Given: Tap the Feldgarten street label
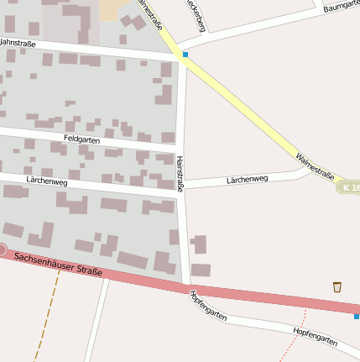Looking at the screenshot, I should [81, 138].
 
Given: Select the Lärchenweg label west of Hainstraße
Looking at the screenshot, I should [47, 180].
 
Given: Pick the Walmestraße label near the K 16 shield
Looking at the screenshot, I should [316, 165].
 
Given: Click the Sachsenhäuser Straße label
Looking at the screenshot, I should [59, 263].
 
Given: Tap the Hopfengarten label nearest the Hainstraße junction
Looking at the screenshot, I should [208, 304].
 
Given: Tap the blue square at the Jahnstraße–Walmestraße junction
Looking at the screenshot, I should [185, 55].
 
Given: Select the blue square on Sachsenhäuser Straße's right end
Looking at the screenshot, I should [357, 316].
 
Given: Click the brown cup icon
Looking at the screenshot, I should [337, 286].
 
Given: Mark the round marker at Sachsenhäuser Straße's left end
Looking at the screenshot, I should [3, 250].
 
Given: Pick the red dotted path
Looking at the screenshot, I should [294, 336].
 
